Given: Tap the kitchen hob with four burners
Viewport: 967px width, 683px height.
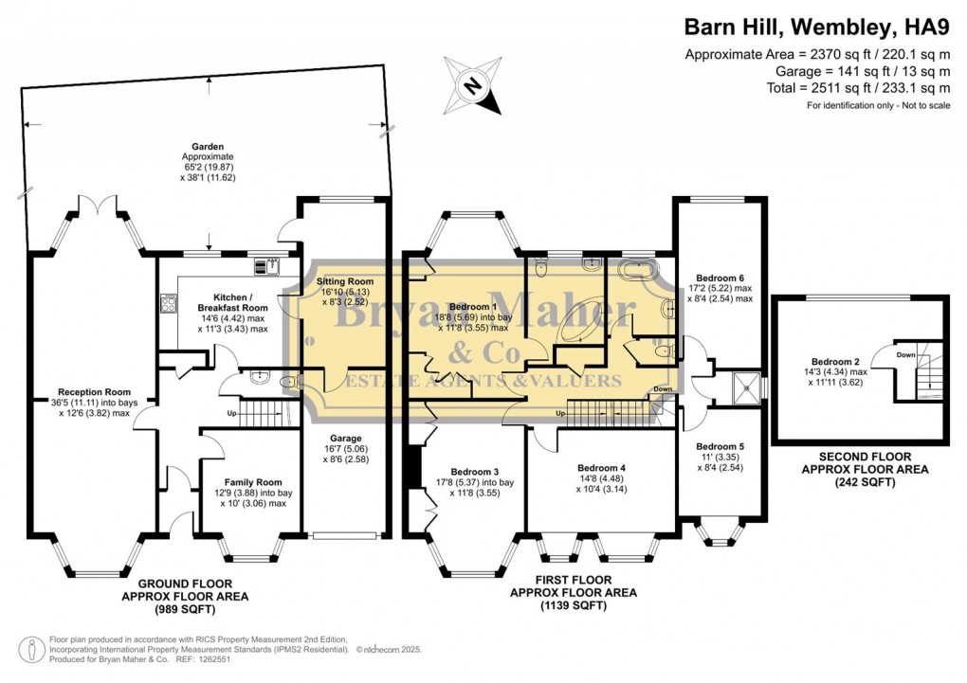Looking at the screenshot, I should click(x=170, y=303).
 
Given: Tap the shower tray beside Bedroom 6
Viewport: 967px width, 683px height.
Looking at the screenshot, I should click(x=746, y=386).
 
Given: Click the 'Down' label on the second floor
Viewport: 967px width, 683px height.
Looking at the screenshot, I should click(x=903, y=354).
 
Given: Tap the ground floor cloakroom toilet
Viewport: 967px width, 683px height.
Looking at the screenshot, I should click(x=262, y=382).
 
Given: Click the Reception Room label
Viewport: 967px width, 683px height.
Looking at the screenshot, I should click(x=94, y=391).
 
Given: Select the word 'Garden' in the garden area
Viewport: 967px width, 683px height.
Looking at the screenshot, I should click(x=208, y=147).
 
